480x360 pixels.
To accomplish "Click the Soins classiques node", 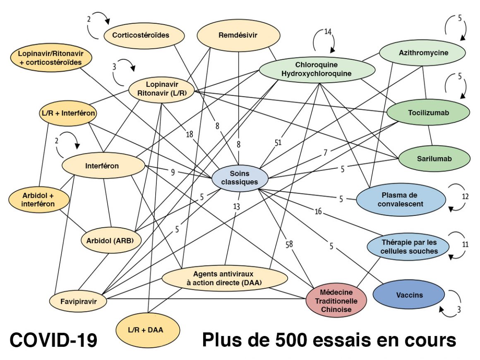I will click(240, 178).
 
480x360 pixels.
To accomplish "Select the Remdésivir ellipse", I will click(238, 36).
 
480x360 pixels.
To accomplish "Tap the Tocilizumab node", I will click(428, 113).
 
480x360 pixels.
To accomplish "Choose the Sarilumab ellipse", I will click(434, 158).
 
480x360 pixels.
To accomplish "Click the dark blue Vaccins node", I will click(409, 295).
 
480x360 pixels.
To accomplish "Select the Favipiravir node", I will click(78, 301).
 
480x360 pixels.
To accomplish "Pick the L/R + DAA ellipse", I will click(148, 330).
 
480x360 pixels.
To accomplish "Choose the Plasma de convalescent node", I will click(400, 199).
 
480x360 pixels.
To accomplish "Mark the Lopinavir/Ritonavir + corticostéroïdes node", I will click(49, 58).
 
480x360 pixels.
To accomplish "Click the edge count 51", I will click(278, 142).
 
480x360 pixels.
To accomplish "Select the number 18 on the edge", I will click(189, 134).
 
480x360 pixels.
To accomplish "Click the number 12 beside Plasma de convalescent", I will click(465, 196).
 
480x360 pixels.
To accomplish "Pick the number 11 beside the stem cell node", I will click(465, 244).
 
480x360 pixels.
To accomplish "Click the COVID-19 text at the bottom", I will click(53, 341).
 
